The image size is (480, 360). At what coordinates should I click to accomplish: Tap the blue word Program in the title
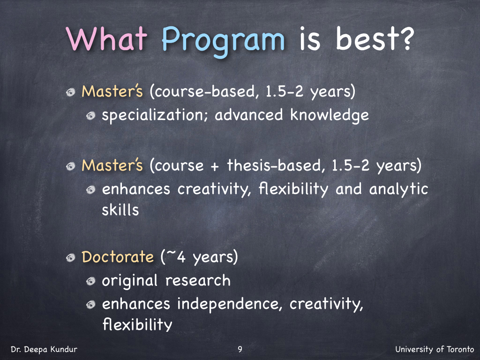tap(223, 41)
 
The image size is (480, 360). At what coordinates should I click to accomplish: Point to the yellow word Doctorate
tap(118, 256)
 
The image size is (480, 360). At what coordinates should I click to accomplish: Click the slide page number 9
tap(240, 349)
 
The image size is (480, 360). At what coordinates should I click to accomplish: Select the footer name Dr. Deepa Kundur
tap(44, 349)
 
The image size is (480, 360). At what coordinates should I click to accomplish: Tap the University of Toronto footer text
tap(435, 349)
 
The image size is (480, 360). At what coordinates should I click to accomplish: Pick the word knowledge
tap(330, 115)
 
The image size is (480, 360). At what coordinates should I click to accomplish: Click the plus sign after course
tap(215, 166)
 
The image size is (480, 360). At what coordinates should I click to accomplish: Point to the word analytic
tap(398, 189)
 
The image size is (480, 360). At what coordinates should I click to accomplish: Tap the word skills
tap(120, 210)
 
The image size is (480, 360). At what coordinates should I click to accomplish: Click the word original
tap(129, 281)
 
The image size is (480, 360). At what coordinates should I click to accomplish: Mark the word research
tap(198, 280)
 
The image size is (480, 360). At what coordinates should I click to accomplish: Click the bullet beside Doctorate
tap(71, 258)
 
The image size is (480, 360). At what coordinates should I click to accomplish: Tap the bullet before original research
tap(91, 281)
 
